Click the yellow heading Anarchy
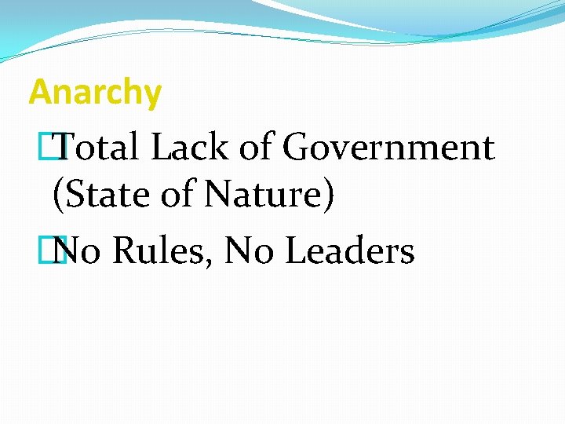click(95, 93)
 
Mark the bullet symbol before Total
click(54, 147)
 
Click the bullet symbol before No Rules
click(54, 250)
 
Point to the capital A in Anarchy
click(39, 92)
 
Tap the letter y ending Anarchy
click(153, 96)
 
